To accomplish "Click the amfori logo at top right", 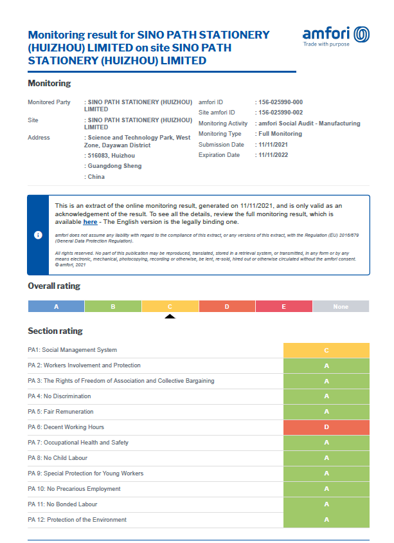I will [x=336, y=36].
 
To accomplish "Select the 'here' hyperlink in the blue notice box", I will [x=90, y=222].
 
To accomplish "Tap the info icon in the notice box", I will [x=38, y=235].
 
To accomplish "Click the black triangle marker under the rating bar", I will [x=170, y=316].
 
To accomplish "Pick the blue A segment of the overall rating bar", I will [x=56, y=307].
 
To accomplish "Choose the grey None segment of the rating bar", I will [x=341, y=307].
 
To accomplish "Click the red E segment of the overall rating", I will [x=283, y=307].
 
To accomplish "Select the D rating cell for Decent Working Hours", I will [x=326, y=427].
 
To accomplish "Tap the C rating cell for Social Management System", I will [x=326, y=350].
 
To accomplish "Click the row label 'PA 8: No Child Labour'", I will [x=57, y=458].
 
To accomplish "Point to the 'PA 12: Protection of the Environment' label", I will [x=77, y=520].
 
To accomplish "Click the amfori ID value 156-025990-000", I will [x=280, y=102].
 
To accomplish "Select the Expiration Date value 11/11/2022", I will [x=274, y=155].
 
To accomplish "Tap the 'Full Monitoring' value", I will [x=280, y=134].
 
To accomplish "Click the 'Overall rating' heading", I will [x=54, y=286].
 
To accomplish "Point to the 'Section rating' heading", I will [x=55, y=331].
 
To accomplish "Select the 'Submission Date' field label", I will [x=219, y=145].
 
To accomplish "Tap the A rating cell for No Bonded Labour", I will [x=326, y=504].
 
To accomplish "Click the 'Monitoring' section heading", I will [x=49, y=84].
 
